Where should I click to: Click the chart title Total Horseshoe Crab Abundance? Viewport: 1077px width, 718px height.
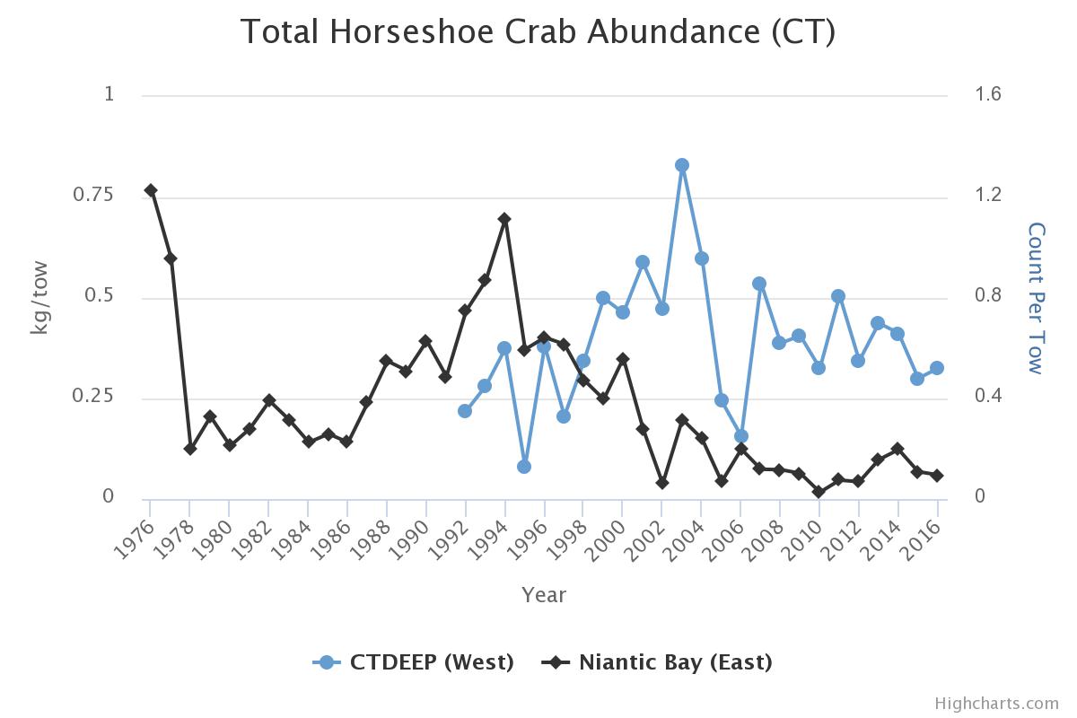tap(538, 32)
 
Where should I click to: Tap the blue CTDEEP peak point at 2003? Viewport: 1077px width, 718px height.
tap(682, 165)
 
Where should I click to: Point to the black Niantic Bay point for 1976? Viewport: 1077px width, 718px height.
tap(151, 190)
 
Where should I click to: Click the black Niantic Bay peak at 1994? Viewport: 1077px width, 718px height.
tap(504, 219)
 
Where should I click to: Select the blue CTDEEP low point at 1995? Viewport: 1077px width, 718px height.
tap(524, 467)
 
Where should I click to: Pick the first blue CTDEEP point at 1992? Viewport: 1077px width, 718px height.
tap(465, 411)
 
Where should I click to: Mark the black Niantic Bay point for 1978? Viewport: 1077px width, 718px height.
tap(190, 449)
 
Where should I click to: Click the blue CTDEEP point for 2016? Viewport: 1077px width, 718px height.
tap(937, 368)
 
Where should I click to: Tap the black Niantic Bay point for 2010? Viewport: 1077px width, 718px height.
tap(819, 492)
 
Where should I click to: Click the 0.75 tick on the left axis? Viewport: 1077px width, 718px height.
tap(99, 195)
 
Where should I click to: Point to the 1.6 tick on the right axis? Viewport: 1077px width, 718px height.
tap(987, 94)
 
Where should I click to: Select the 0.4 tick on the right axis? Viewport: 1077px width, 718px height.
tap(987, 397)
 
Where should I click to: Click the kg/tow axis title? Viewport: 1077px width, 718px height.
tap(39, 297)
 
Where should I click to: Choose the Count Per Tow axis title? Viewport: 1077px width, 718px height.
tap(1037, 297)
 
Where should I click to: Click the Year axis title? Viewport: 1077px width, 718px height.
tap(544, 595)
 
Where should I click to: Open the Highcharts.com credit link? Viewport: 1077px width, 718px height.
tap(996, 704)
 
